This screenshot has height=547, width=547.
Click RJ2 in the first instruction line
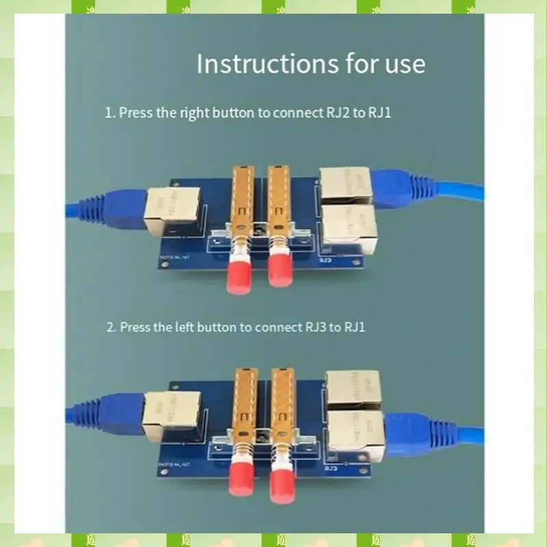[332, 112]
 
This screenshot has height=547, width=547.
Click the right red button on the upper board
[279, 271]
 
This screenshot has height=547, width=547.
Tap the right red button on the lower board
[282, 484]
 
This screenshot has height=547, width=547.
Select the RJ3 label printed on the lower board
[330, 469]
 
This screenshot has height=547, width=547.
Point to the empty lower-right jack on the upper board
[349, 226]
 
